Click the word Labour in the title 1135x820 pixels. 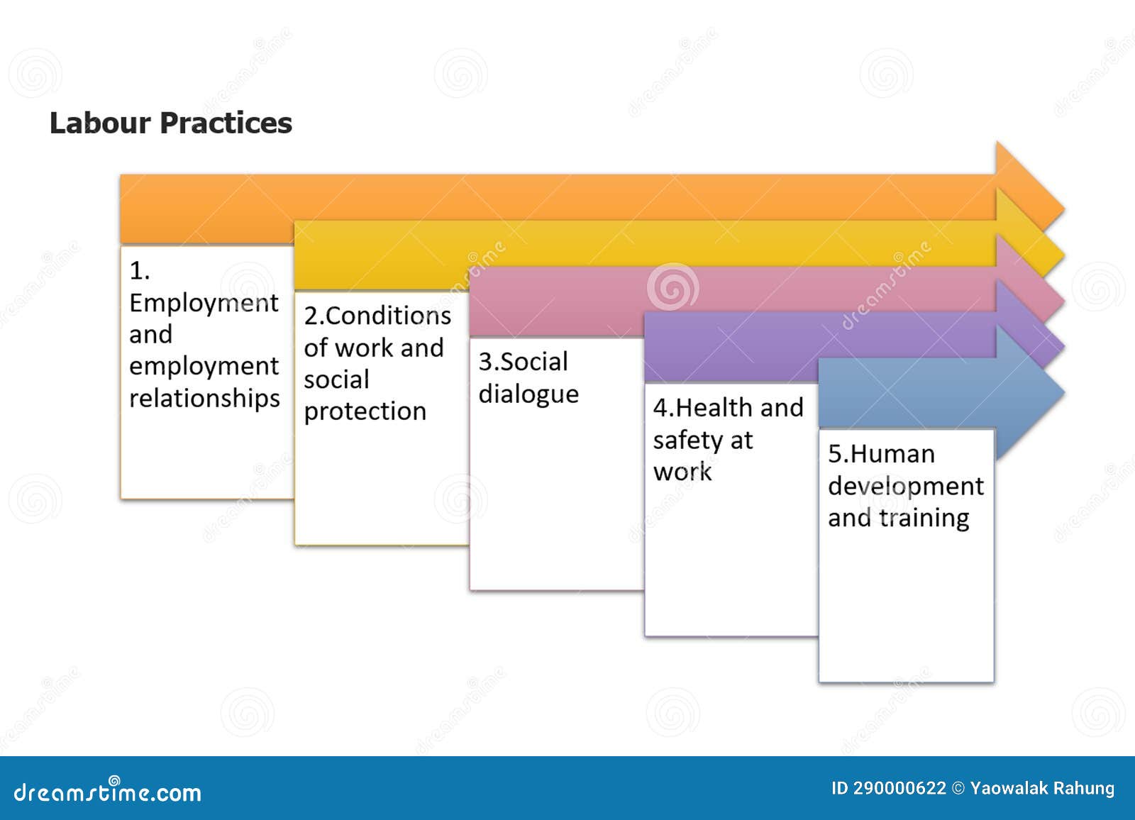coord(100,123)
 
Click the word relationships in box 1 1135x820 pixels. coord(204,398)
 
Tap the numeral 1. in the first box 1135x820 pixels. coord(139,270)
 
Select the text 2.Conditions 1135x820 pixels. coord(377,316)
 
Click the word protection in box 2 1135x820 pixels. coord(365,411)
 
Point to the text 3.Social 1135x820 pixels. coord(523,362)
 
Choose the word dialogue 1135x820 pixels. coord(528,394)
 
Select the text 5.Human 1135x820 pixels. coord(881,454)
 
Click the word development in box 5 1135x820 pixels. coord(905,487)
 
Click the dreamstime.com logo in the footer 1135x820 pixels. coord(107,792)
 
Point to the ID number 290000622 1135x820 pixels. coord(899,789)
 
